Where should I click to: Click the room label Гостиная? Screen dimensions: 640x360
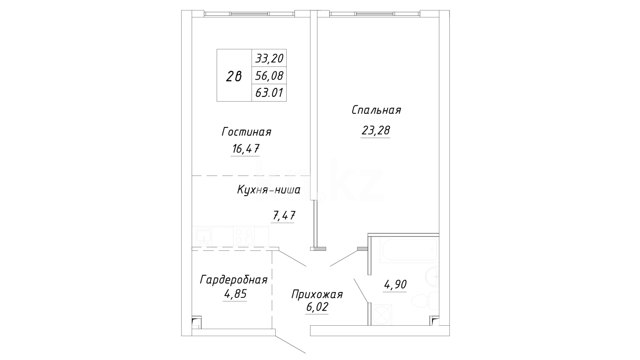point(246,132)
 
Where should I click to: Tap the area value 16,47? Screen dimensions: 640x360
point(245,149)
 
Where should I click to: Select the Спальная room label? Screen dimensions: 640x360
point(376,110)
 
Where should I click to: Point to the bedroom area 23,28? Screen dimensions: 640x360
point(375,131)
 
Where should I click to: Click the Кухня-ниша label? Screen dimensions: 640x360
point(269,190)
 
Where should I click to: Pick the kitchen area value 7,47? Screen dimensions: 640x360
point(284,216)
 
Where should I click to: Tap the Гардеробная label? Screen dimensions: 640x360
point(234,280)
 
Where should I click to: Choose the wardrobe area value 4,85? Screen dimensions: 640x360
point(235,294)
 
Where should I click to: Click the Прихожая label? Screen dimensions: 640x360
point(317,294)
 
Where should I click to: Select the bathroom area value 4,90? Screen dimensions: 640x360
point(395,285)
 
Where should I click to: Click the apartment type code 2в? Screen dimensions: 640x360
point(234,76)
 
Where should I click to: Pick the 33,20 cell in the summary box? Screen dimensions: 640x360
point(269,58)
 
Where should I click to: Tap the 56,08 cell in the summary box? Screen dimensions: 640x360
point(269,76)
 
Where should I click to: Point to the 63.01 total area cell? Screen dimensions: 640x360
point(269,92)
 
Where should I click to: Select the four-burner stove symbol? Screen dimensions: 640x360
point(244,236)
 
